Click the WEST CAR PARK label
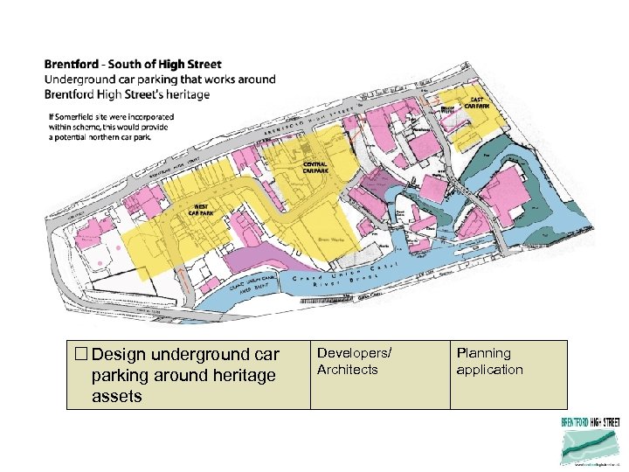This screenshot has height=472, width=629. coord(201,209)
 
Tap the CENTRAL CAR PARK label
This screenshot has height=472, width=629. coord(315,167)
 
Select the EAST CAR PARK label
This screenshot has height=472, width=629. coord(477,103)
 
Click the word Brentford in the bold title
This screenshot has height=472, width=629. coord(72,65)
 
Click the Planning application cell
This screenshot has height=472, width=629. coord(489,361)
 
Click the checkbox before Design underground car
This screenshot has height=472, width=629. coord(81,355)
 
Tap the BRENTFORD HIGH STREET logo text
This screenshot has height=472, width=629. coord(590,422)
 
